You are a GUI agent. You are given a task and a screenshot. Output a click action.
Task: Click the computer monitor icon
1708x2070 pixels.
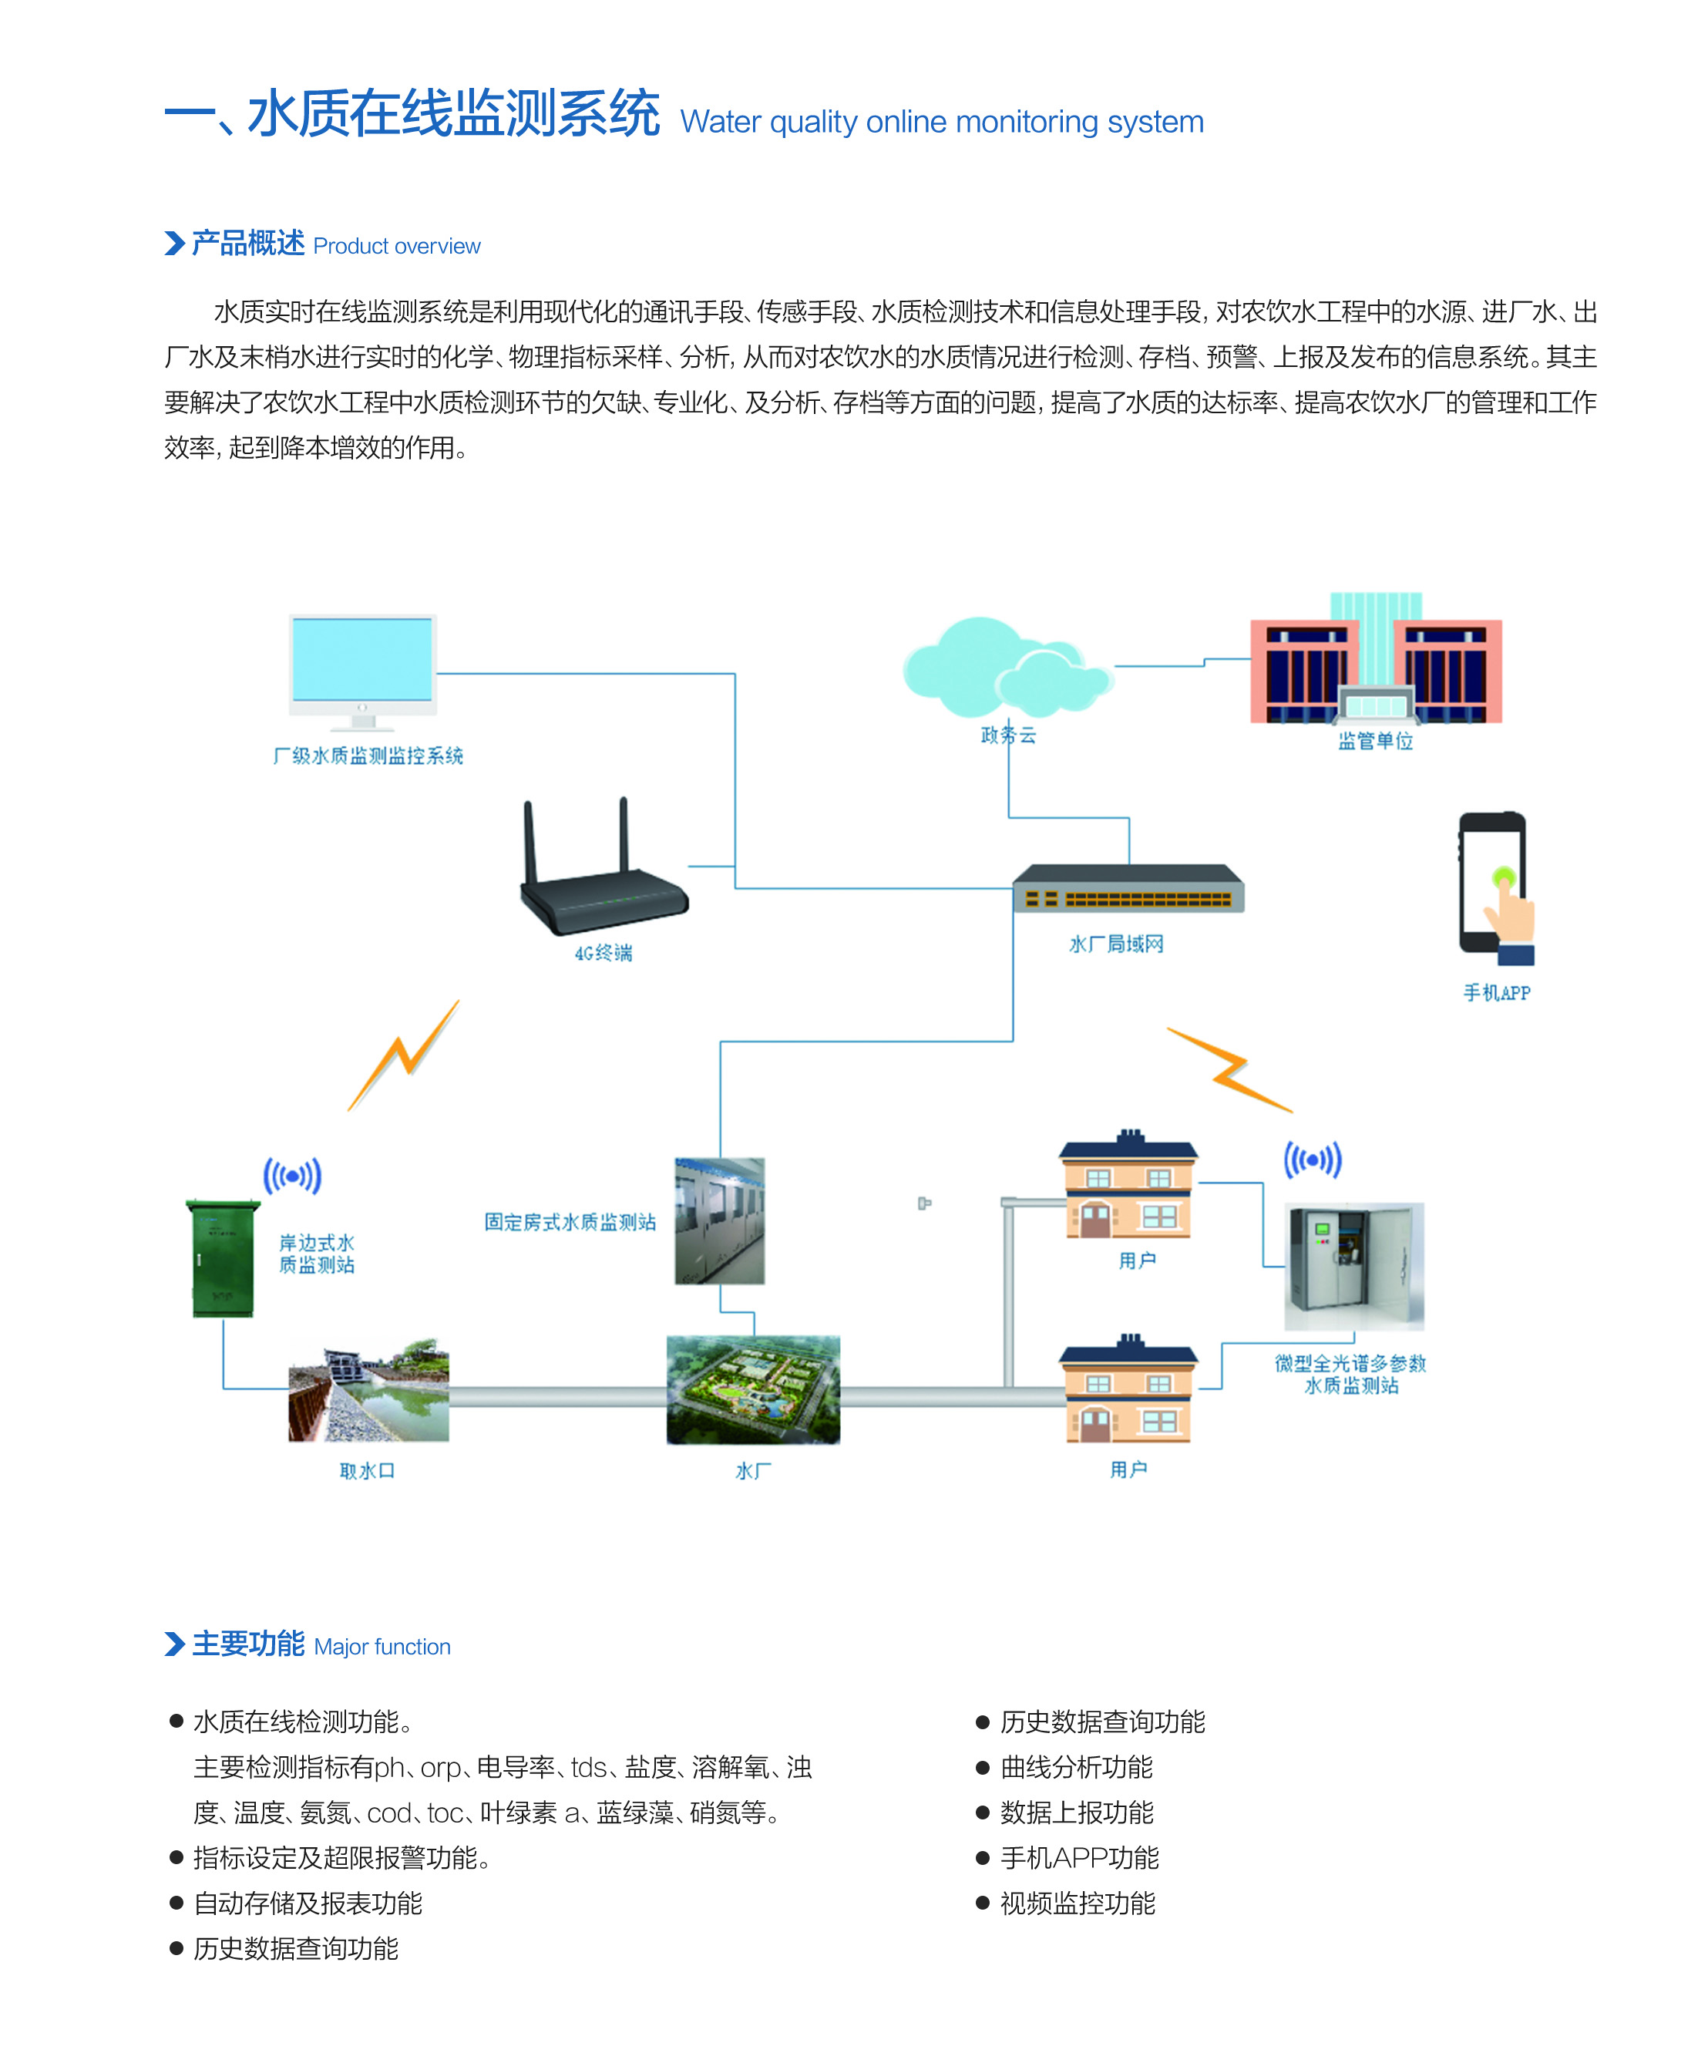(x=362, y=673)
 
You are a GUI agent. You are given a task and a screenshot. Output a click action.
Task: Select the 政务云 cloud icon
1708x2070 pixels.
(x=1007, y=666)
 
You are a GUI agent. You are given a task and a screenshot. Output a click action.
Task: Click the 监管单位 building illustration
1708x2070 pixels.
(x=1376, y=658)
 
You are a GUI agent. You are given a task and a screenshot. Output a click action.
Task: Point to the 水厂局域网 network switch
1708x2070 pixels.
(x=1128, y=888)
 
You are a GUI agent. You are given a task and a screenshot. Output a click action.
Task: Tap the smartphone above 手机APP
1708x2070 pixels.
(x=1495, y=888)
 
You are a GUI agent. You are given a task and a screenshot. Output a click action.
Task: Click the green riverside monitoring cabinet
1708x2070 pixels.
(x=222, y=1257)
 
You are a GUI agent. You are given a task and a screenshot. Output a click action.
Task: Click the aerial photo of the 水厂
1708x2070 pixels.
(x=753, y=1389)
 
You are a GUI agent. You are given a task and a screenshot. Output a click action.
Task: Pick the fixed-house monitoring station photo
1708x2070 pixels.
(x=719, y=1221)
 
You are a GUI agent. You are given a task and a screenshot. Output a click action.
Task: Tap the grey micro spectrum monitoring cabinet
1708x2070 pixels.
(x=1353, y=1266)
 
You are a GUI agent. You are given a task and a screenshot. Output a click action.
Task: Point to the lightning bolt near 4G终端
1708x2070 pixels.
(x=403, y=1055)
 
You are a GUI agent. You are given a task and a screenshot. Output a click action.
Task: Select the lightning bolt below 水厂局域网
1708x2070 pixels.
(x=1230, y=1070)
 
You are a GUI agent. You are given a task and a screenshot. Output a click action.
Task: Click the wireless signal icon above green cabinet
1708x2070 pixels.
(x=292, y=1176)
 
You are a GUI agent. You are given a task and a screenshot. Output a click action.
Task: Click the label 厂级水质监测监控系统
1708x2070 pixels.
(x=368, y=756)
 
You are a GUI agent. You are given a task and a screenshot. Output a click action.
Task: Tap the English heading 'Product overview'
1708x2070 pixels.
(x=396, y=246)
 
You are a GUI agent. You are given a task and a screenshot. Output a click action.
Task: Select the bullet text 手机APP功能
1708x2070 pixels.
(x=1079, y=1857)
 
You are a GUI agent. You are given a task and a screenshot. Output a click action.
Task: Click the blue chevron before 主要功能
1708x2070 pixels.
(x=174, y=1644)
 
